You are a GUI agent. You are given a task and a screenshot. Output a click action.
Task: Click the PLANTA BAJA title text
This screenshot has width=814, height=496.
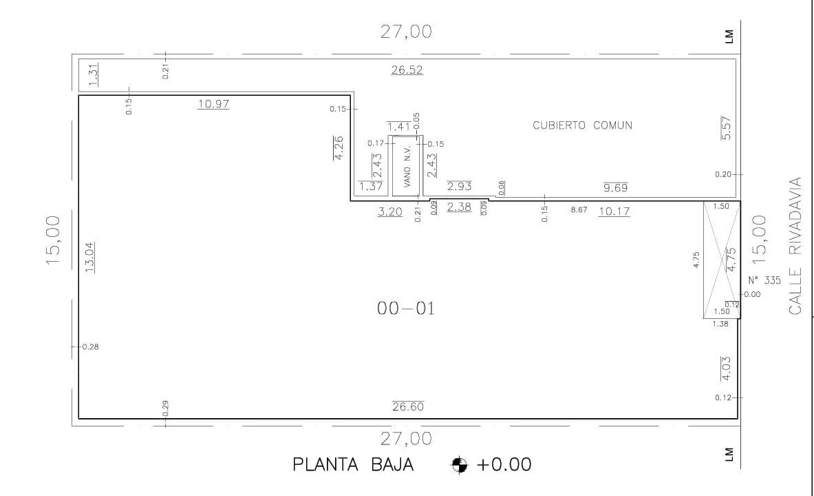353,464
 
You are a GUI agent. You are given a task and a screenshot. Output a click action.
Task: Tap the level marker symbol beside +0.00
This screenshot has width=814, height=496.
460,464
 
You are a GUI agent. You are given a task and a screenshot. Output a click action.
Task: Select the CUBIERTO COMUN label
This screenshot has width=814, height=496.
583,125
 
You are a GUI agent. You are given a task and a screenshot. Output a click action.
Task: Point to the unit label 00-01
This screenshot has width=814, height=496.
406,309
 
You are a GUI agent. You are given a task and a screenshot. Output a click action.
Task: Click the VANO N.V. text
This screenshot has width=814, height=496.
407,166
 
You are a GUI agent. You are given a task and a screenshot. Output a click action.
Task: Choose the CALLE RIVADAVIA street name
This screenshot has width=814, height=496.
795,246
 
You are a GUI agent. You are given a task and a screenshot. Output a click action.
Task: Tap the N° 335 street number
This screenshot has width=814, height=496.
764,280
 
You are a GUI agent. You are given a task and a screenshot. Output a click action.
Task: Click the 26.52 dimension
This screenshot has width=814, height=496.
407,70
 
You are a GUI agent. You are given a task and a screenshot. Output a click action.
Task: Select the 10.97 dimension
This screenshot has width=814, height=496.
213,103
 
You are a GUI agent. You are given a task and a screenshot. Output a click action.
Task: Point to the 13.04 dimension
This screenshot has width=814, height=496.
90,258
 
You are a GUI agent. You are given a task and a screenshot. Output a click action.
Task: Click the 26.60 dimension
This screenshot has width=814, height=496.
408,406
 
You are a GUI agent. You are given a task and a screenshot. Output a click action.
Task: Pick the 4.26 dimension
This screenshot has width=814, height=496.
339,147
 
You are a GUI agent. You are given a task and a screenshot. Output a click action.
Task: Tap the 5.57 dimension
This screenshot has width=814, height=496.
726,128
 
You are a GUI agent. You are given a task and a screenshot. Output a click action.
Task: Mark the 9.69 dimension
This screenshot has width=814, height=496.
616,187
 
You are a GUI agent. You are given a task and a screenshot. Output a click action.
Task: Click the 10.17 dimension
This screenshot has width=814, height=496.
614,211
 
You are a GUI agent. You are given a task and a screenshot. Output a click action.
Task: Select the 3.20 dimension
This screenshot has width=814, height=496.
390,211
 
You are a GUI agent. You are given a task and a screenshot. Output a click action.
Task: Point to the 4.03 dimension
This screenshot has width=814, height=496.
726,368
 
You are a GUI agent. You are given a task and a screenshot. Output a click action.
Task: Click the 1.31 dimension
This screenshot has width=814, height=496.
93,75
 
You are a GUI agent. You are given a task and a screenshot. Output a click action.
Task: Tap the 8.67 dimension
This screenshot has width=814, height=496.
579,209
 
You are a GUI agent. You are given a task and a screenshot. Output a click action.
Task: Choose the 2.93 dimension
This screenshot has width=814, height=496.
460,185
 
